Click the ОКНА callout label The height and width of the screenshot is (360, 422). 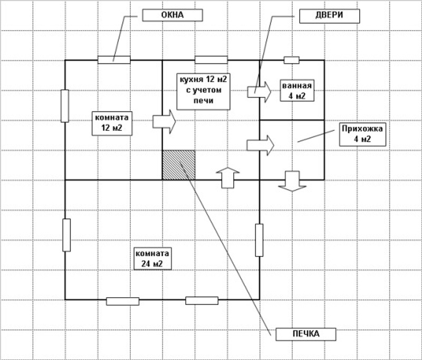[172, 15]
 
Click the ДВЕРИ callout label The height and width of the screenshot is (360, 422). [329, 15]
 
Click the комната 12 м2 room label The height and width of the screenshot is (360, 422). [112, 122]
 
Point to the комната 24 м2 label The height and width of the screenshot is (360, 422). [152, 258]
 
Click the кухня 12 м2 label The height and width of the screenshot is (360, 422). [203, 90]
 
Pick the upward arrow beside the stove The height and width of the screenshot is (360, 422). [228, 177]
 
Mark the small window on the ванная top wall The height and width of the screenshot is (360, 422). [292, 60]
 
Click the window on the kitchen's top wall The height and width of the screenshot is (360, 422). [211, 59]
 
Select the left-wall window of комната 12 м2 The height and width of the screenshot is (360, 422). [65, 106]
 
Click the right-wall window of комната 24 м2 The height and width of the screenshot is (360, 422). [259, 240]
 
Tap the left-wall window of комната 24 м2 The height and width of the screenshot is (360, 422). [66, 235]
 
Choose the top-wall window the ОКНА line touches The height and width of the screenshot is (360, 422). [114, 59]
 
